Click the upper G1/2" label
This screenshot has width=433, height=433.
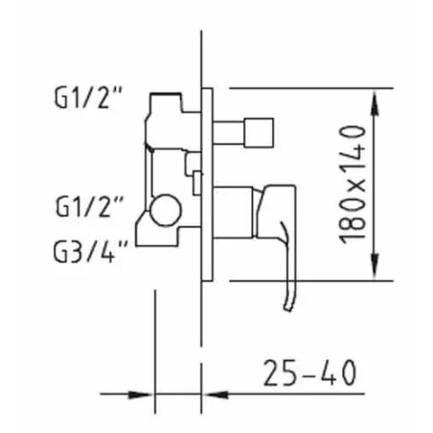point(88,99)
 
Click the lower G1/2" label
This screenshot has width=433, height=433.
point(89,207)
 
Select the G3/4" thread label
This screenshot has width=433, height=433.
point(90,251)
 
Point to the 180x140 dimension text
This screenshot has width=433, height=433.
point(352,185)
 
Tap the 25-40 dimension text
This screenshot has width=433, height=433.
point(309,373)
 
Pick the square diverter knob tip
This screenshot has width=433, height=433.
point(259,133)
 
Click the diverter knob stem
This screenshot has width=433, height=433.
point(228,133)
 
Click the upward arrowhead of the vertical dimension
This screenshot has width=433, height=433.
point(376,103)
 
